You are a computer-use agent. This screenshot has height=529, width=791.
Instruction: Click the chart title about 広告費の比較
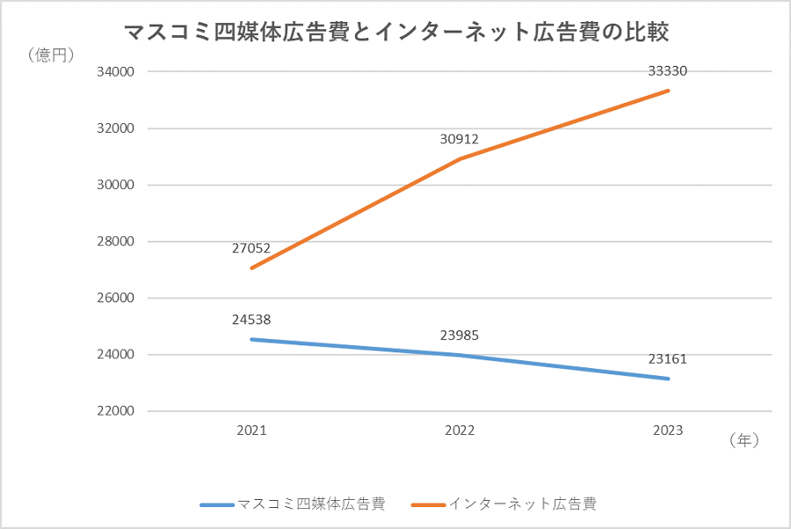396,33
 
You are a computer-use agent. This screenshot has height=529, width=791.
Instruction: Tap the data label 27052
251,249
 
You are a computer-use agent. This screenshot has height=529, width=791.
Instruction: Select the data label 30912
459,139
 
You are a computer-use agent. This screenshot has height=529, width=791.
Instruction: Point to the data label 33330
667,71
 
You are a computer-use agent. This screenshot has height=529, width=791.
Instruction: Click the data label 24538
251,320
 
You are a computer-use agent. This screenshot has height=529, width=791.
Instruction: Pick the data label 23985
459,335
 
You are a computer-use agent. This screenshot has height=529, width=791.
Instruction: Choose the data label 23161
667,359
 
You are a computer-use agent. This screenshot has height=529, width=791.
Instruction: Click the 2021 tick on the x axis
251,431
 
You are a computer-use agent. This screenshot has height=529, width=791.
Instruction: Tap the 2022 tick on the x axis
460,431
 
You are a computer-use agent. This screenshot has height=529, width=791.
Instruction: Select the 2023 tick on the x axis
668,431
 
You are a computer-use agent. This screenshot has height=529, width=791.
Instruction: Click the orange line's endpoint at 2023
668,91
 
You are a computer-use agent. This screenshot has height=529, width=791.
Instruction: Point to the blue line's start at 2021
251,339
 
